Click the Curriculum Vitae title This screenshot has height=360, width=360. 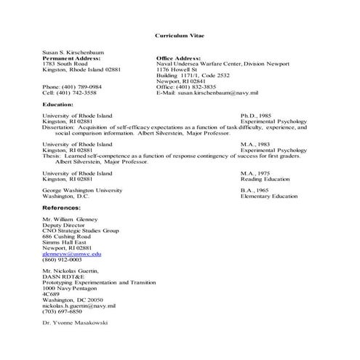(x=179, y=35)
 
